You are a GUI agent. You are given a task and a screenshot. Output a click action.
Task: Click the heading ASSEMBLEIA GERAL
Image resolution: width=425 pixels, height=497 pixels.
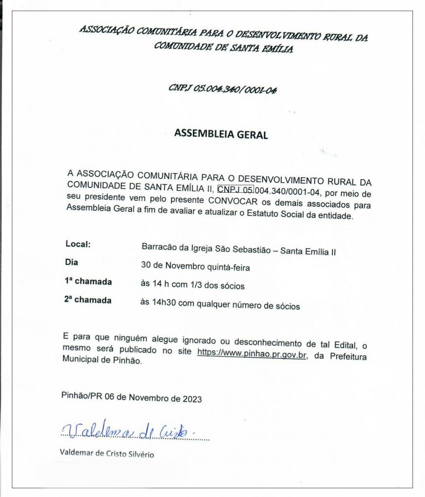click(221, 134)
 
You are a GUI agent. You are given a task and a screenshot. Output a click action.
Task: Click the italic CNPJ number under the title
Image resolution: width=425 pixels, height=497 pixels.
click(222, 89)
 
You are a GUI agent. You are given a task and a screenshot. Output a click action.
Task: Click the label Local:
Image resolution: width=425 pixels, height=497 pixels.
click(78, 245)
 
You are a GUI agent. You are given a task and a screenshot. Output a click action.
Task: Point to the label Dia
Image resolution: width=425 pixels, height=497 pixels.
click(71, 263)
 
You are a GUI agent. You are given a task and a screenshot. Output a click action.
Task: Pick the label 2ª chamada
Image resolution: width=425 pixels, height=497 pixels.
click(87, 300)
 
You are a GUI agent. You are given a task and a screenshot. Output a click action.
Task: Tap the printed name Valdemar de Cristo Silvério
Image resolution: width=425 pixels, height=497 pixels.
click(107, 455)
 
